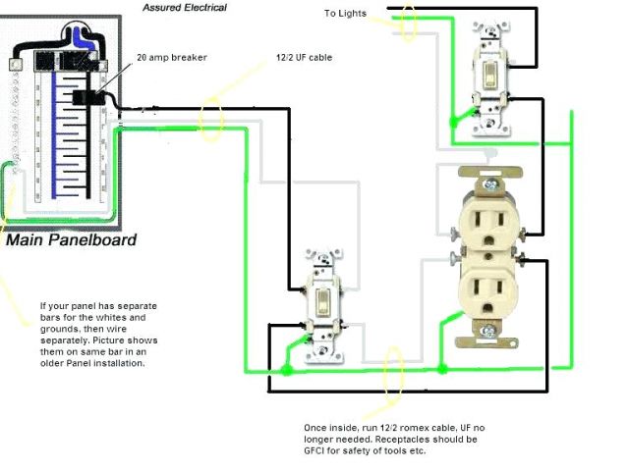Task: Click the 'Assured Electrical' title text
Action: coord(184,8)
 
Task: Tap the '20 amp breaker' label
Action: coord(172,58)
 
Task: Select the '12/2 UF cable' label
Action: coord(305,58)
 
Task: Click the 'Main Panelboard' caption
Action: coord(71,239)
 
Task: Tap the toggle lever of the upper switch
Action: coord(486,77)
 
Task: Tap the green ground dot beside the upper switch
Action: coord(453,122)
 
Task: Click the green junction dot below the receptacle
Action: coord(442,369)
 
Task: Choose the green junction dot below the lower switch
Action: coord(286,371)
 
